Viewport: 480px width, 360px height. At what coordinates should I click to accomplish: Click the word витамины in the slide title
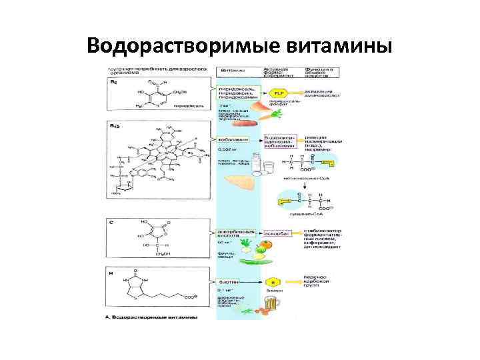point(339,46)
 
